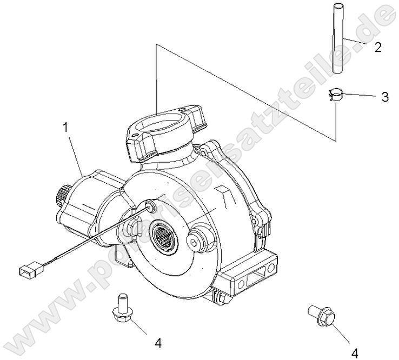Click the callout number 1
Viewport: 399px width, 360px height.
point(65,129)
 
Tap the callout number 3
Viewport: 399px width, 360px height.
point(384,97)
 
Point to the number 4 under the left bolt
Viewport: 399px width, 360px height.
point(158,343)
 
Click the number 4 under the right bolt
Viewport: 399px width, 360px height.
point(355,353)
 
